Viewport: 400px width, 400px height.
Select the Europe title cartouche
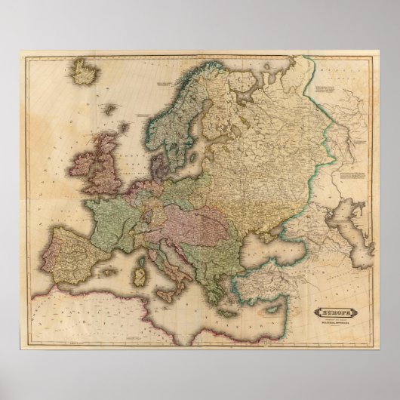[337, 311]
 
